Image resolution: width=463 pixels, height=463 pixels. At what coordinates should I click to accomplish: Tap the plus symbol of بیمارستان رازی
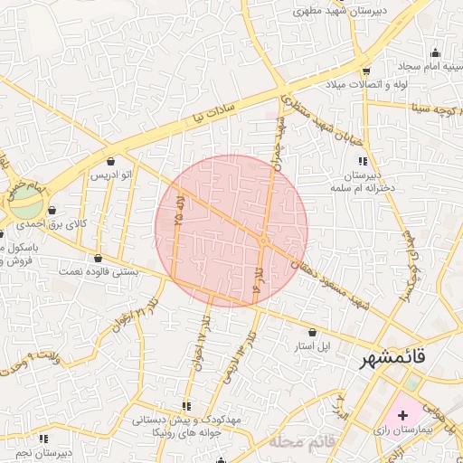click(x=402, y=414)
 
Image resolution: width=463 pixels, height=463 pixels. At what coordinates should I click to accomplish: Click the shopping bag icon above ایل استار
click(x=313, y=332)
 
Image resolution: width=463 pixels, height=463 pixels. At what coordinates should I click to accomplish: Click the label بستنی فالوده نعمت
click(x=97, y=270)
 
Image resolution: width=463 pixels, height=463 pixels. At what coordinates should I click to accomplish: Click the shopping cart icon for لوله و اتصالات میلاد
click(x=365, y=71)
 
